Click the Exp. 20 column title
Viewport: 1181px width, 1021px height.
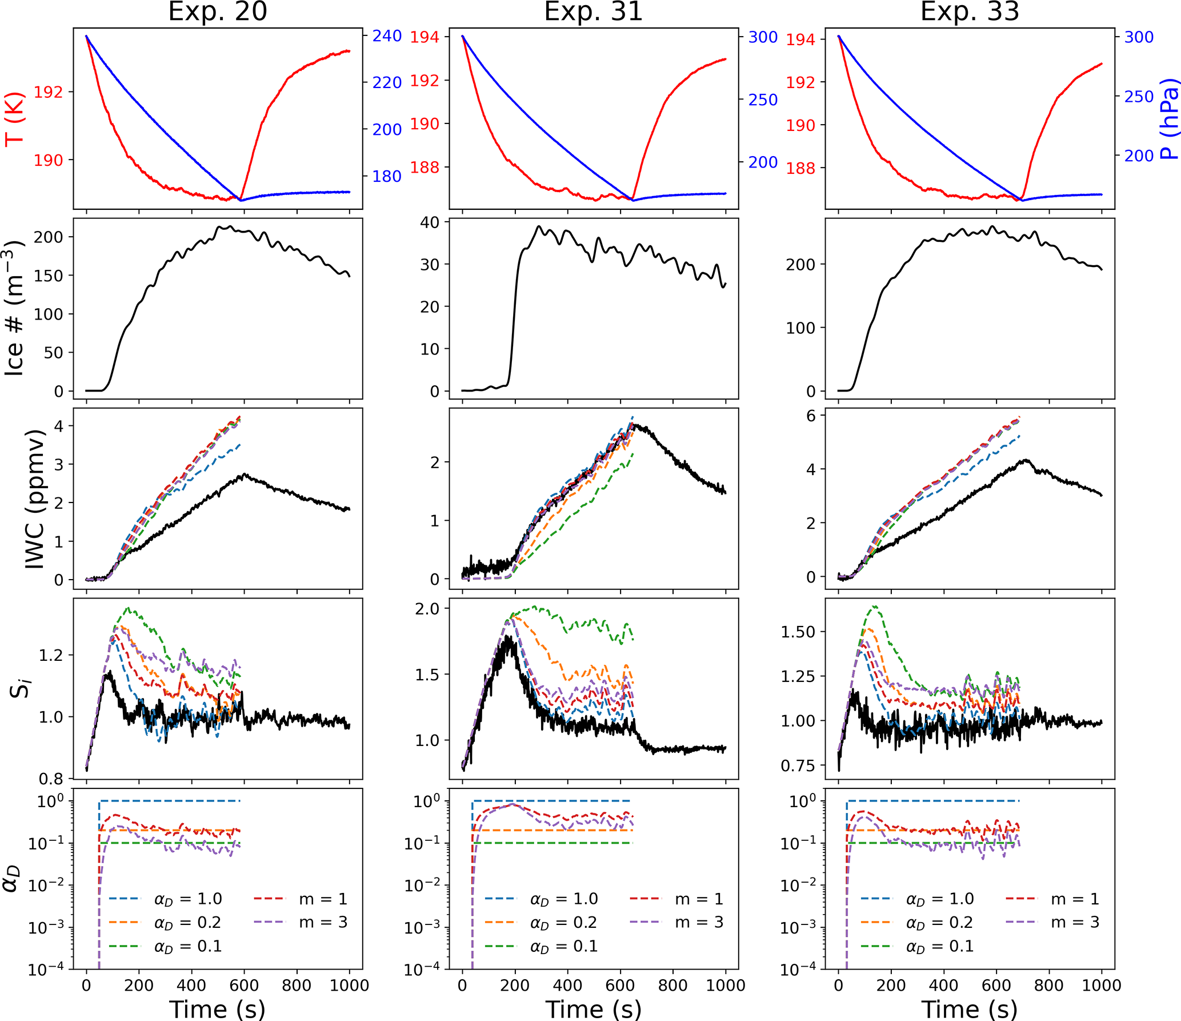217,11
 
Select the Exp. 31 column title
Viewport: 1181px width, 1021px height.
593,11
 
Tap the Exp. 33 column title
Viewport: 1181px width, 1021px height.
969,11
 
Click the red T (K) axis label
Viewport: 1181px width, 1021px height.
15,119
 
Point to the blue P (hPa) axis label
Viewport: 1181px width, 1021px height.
1169,122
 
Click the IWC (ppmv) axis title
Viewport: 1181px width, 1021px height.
35,499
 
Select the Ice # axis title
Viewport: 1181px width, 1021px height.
15,309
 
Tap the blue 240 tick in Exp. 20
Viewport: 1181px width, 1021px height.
387,36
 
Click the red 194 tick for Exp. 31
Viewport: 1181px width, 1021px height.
425,37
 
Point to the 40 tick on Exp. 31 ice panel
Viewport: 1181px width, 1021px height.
430,222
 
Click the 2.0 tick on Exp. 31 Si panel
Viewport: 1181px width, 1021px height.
427,609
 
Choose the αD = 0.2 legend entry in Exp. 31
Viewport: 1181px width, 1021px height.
563,923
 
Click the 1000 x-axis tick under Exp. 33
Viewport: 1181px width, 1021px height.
1102,985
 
